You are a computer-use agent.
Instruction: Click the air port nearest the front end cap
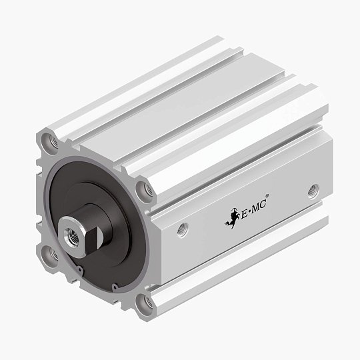pos(182,229)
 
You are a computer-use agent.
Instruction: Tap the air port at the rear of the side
pos(313,193)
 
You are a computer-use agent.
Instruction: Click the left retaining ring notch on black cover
pos(79,270)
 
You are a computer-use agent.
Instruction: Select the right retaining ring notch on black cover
pos(115,287)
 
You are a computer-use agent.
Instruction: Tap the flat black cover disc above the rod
pos(93,180)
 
